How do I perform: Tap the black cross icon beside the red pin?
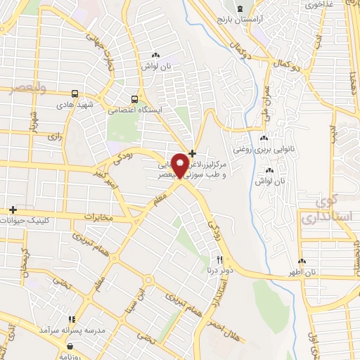(193, 153)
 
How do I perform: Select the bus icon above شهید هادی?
(75, 94)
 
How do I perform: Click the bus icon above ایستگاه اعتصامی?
(134, 99)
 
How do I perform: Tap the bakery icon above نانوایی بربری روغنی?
(264, 139)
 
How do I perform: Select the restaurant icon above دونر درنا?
(220, 259)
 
